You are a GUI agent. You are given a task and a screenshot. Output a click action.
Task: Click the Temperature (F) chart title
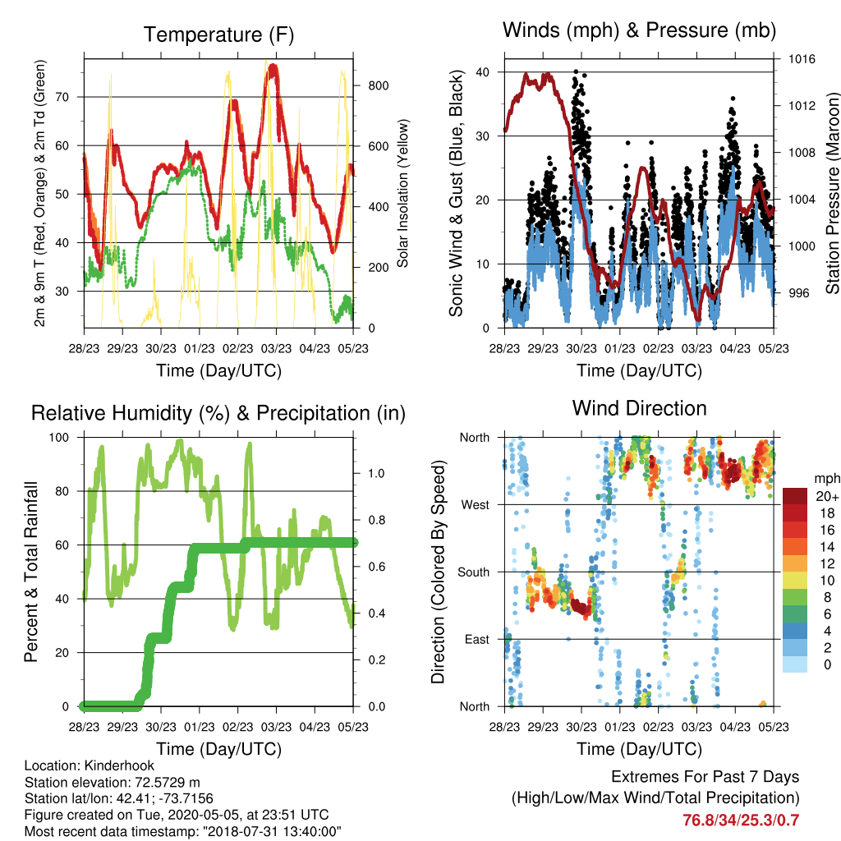coord(218,34)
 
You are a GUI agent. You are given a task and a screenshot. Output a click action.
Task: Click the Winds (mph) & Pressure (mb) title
coord(639,30)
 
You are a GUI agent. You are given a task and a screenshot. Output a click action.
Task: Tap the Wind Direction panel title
coord(639,408)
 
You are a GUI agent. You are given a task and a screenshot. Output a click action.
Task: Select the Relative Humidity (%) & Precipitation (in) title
coord(218,414)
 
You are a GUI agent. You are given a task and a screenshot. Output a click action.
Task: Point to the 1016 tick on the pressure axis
coord(802,59)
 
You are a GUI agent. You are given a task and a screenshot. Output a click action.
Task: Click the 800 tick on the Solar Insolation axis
coord(378,85)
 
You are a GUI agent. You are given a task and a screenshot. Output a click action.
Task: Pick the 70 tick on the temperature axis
coord(62,97)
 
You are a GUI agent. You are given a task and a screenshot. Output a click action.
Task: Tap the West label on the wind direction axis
coord(476,505)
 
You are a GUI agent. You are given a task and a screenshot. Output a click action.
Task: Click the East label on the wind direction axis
coord(477,639)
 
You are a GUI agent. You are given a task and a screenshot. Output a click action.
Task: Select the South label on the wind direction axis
coord(474,572)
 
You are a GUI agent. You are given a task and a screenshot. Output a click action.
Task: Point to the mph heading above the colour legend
coord(827,479)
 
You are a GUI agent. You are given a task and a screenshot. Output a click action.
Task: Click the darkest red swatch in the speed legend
coord(795,496)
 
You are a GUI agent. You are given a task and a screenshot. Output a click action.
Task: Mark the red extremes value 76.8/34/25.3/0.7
coord(741,820)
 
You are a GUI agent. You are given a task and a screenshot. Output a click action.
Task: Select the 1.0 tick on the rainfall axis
coord(376,474)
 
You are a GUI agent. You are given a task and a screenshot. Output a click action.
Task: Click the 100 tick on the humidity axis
coord(59,438)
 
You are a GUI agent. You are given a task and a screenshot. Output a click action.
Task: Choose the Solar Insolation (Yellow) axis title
coord(402,193)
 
